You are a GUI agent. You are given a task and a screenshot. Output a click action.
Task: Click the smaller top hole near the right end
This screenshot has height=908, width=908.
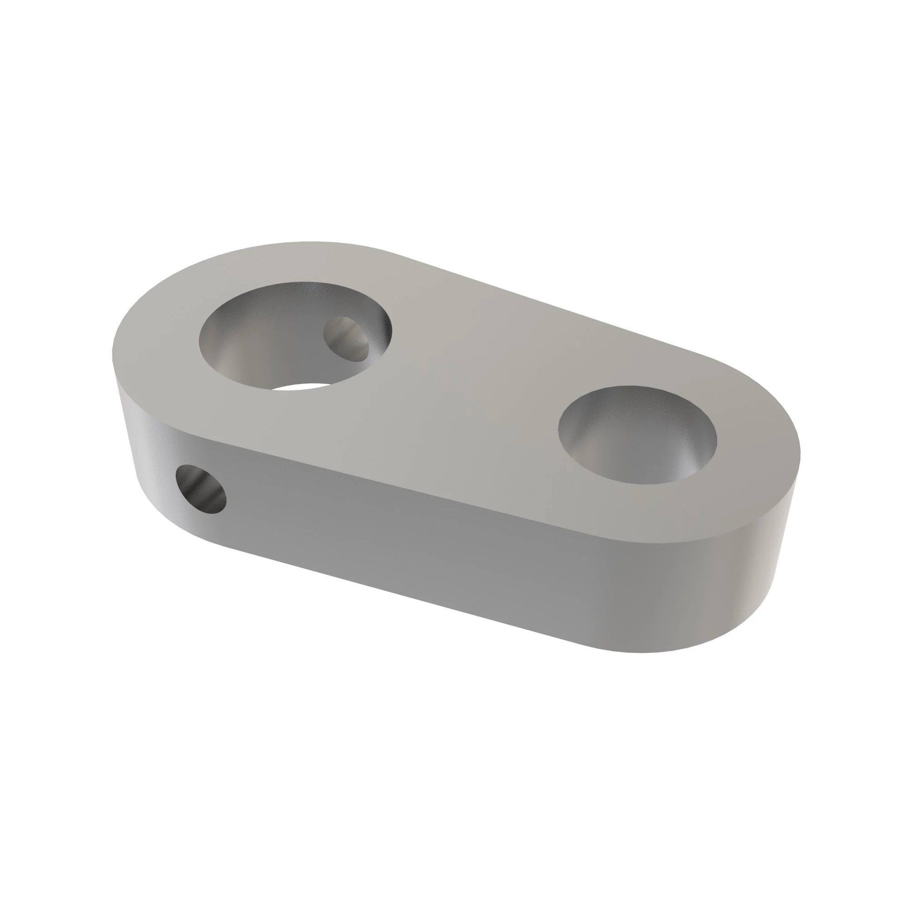click(637, 435)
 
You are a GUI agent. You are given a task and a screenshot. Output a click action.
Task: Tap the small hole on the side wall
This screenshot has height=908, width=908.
click(201, 489)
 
